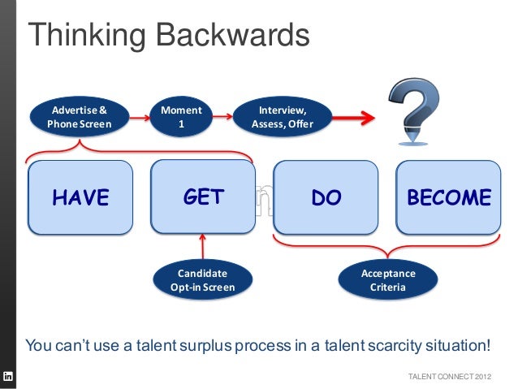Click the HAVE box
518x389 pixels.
click(80, 197)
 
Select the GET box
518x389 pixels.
click(203, 197)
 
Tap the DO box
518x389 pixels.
click(326, 197)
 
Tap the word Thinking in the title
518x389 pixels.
click(86, 36)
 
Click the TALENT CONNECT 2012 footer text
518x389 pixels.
click(449, 377)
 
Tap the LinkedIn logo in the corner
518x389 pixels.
click(8, 377)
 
